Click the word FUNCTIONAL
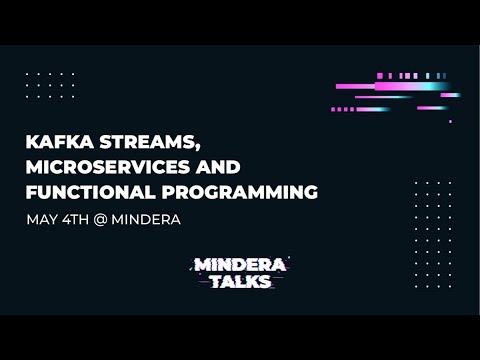pyautogui.click(x=88, y=190)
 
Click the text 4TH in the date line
pyautogui.click(x=75, y=218)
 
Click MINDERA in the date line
pyautogui.click(x=147, y=218)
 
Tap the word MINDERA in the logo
pyautogui.click(x=240, y=265)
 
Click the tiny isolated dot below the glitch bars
pyautogui.click(x=450, y=121)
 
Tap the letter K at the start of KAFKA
pyautogui.click(x=32, y=142)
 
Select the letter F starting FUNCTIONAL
pyautogui.click(x=31, y=190)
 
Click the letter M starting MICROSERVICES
pyautogui.click(x=33, y=166)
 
